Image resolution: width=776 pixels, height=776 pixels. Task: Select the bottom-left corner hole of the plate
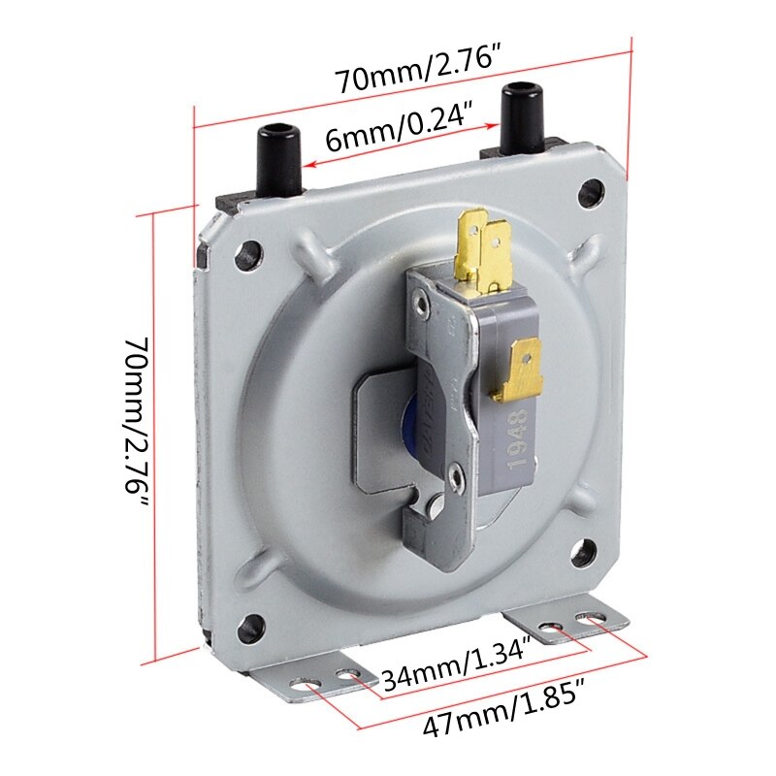tap(253, 625)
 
